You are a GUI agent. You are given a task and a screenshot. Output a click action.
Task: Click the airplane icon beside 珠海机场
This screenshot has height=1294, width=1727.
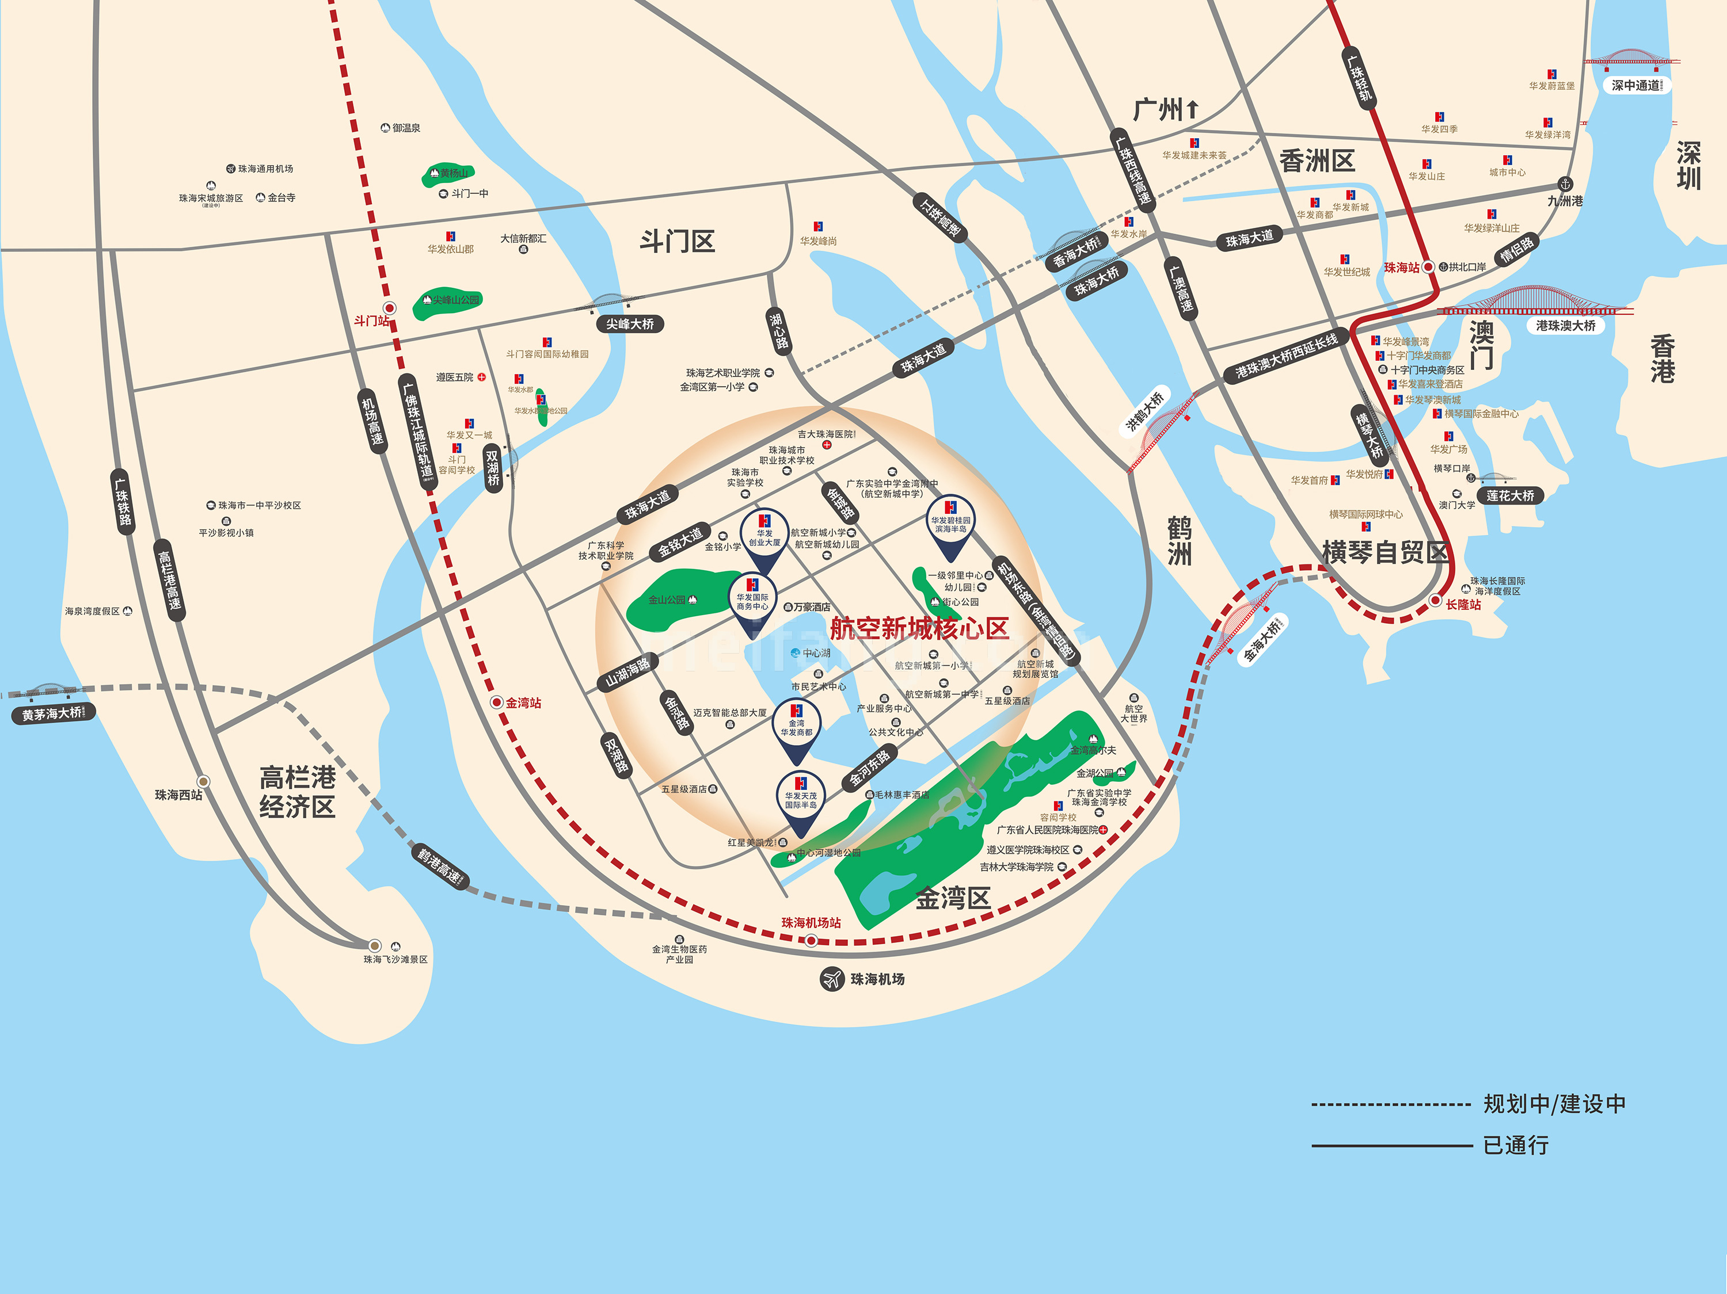tap(832, 978)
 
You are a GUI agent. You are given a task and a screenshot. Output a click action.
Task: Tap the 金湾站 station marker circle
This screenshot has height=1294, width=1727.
tap(497, 703)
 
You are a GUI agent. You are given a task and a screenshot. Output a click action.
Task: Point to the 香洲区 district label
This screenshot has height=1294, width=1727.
tap(1317, 162)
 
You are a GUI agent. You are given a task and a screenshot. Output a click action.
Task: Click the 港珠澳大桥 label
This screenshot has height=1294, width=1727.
tap(1565, 326)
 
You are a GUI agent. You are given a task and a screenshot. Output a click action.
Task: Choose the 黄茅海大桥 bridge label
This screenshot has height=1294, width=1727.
tap(52, 713)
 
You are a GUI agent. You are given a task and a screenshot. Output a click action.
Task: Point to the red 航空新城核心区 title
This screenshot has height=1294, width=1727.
tap(919, 628)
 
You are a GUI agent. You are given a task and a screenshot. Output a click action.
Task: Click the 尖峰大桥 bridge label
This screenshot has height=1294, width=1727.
tap(629, 324)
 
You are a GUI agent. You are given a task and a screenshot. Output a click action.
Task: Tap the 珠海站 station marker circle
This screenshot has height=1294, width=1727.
tap(1428, 267)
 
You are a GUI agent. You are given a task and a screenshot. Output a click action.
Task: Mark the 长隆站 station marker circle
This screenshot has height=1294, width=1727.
tap(1435, 600)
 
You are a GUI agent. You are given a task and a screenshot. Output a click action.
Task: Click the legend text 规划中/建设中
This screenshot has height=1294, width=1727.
tap(1554, 1104)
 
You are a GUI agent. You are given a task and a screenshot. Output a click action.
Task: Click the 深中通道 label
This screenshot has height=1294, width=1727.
tap(1637, 85)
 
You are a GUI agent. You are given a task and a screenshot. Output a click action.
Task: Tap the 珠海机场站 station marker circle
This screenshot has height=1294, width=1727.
tap(811, 941)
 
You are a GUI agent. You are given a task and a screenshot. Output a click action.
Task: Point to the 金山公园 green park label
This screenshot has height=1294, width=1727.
tap(668, 600)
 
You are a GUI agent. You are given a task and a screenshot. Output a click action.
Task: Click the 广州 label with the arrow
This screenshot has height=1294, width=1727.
tap(1165, 110)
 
